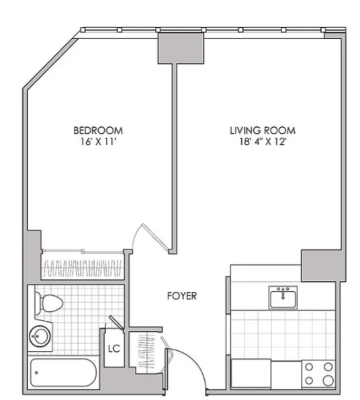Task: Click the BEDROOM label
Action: (98, 130)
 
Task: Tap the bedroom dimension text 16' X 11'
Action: (98, 142)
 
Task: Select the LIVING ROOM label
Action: (263, 130)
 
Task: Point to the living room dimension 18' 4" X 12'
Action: (263, 142)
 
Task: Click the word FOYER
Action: (182, 296)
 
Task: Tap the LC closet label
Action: (114, 348)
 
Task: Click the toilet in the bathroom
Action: (48, 303)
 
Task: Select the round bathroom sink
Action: (40, 336)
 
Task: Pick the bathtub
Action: (63, 372)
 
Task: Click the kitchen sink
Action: (283, 297)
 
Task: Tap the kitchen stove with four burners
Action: (318, 374)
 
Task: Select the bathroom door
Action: (117, 323)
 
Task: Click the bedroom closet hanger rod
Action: (83, 252)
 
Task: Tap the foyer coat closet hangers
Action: (146, 351)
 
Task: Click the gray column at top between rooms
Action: (181, 48)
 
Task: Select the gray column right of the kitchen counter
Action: (323, 266)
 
